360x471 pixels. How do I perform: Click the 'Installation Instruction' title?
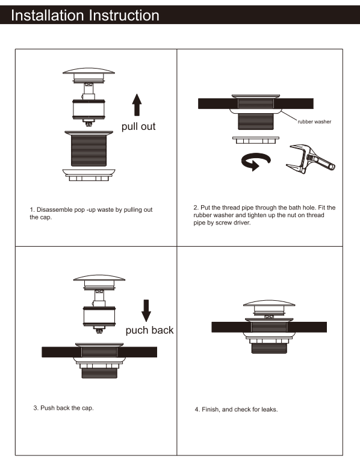85,15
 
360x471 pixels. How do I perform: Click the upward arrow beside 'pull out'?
137,105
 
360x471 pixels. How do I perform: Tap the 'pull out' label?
138,127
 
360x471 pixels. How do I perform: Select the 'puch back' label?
149,330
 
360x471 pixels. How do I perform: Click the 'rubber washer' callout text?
314,122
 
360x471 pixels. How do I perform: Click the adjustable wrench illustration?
311,158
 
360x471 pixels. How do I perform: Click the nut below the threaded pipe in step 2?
256,140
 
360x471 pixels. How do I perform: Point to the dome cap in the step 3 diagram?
98,279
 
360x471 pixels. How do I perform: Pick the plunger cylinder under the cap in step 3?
98,316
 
